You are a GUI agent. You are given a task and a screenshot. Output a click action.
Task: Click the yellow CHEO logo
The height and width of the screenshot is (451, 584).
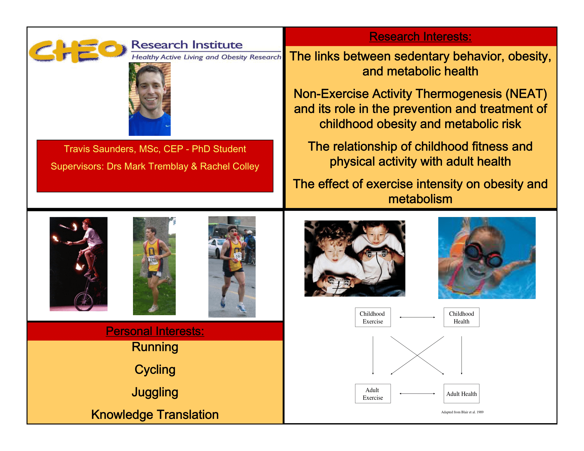78,51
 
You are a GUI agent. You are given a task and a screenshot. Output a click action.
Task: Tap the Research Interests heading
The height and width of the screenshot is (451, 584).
420,37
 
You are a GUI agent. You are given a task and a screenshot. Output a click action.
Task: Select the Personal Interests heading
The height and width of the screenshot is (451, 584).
155,331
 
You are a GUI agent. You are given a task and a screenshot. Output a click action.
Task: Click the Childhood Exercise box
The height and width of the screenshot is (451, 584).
373,317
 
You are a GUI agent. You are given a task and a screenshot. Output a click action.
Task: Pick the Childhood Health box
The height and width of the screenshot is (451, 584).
462,317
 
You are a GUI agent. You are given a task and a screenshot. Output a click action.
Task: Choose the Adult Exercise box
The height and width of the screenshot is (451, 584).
373,393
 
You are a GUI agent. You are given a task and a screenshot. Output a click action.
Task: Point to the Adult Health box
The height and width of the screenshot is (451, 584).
462,393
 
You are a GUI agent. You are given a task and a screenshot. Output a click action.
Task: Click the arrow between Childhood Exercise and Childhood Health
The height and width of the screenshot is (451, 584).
417,317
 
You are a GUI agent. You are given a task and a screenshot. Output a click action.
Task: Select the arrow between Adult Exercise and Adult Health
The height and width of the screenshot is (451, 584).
417,393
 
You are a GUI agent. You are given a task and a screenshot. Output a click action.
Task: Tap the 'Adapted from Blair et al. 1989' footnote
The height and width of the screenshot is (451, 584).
462,412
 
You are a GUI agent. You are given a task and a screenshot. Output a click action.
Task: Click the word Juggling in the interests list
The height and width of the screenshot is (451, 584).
155,392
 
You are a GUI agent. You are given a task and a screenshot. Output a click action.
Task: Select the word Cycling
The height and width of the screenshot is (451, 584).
155,370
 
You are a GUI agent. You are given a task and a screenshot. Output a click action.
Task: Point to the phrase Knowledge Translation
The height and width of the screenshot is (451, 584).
155,415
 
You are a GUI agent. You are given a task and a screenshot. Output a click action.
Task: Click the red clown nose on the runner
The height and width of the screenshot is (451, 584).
234,234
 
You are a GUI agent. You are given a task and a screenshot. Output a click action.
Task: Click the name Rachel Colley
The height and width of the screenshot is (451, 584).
230,166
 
